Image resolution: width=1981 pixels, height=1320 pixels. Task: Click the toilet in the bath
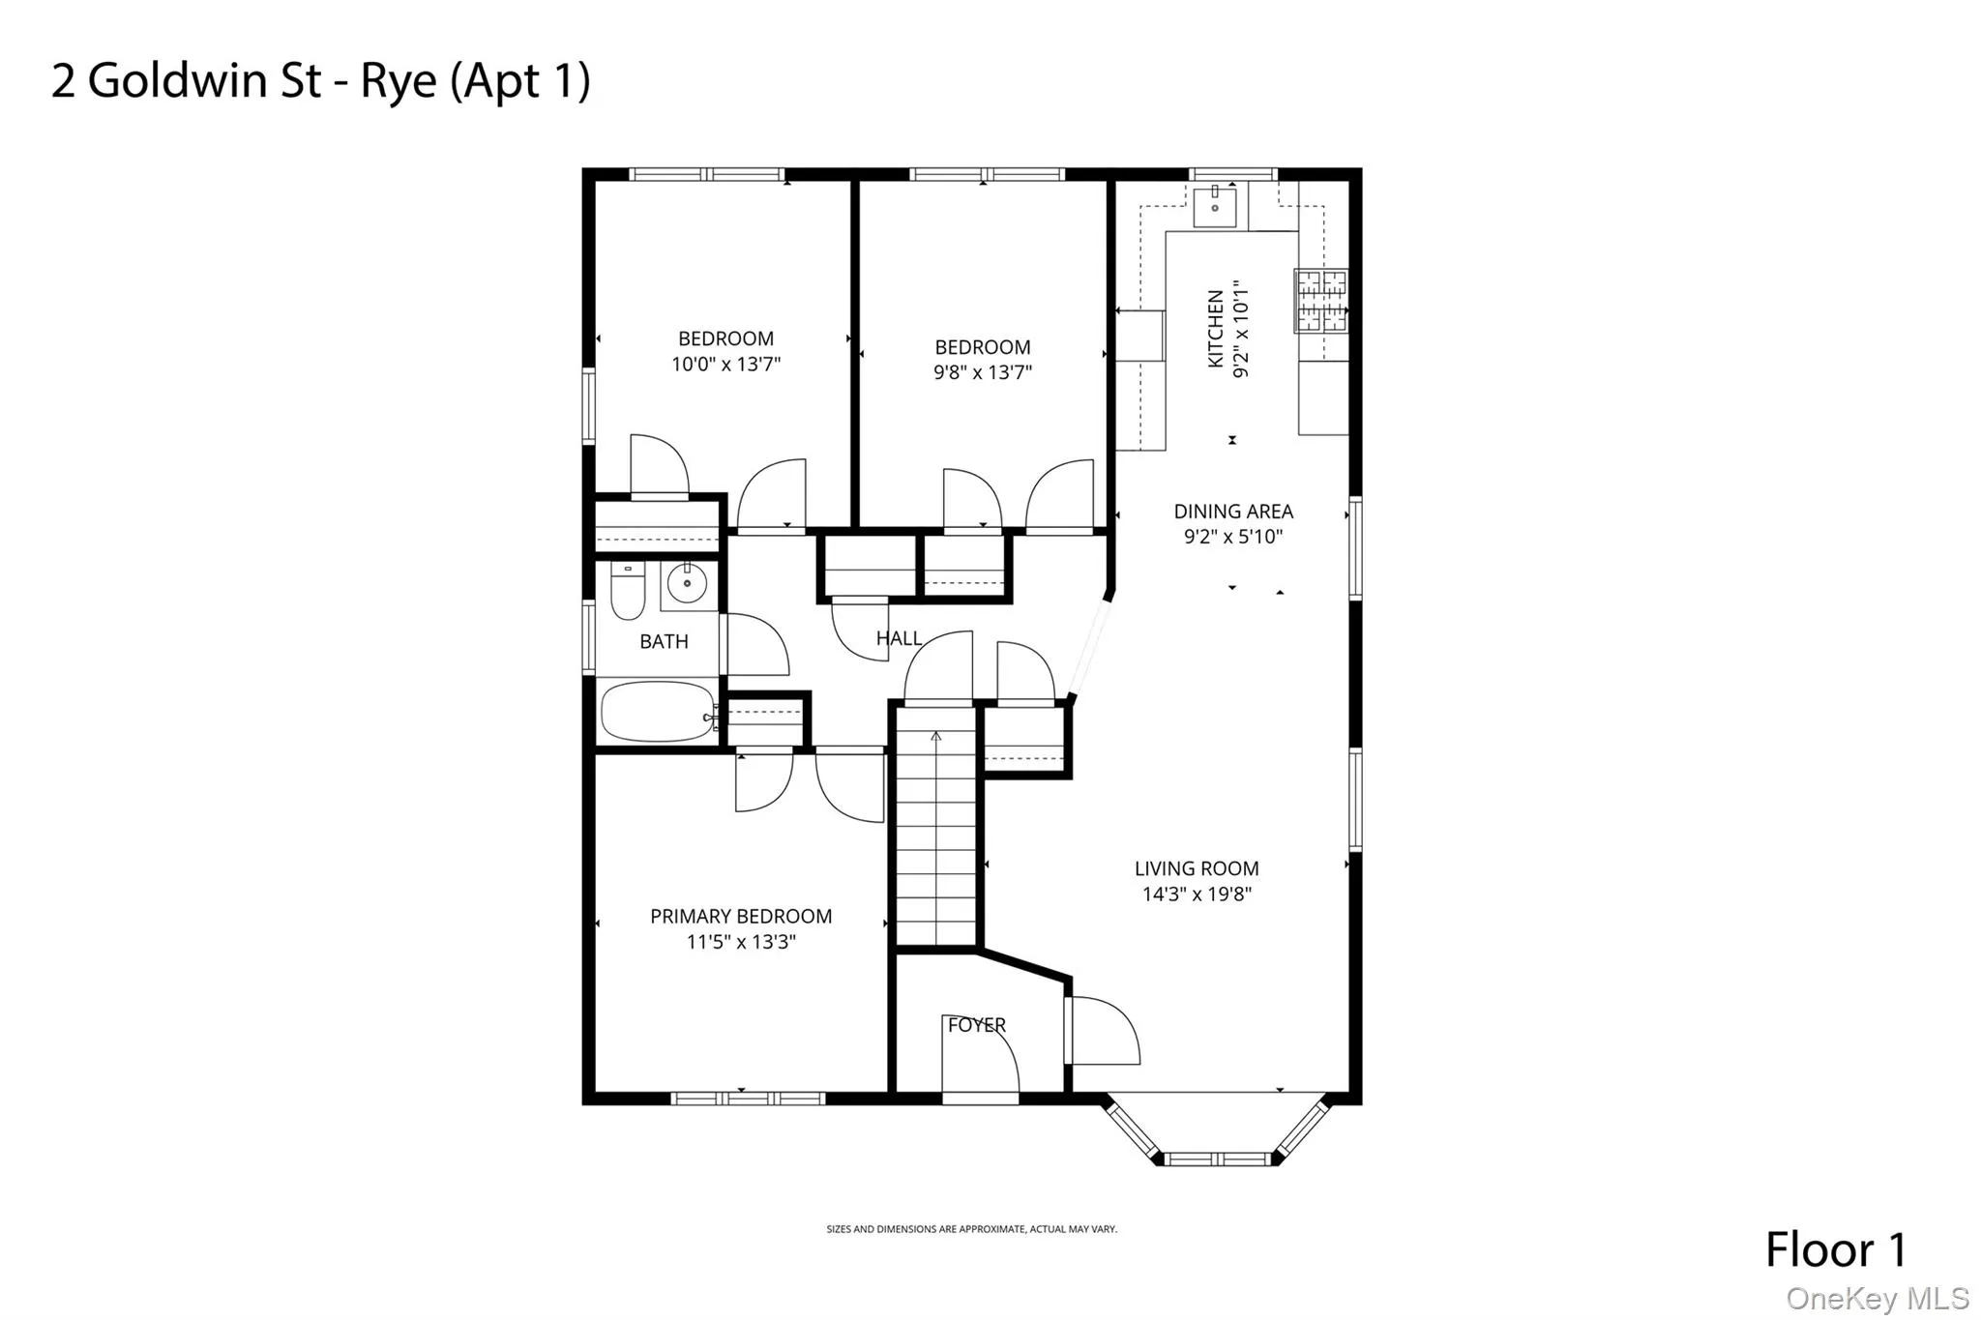click(x=628, y=590)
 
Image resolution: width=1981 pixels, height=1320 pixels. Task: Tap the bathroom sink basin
click(x=688, y=583)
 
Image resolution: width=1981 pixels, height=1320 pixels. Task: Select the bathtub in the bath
click(x=659, y=711)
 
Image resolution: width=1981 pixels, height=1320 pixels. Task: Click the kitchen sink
click(x=1214, y=206)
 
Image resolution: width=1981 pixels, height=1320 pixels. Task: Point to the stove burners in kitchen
click(x=1320, y=300)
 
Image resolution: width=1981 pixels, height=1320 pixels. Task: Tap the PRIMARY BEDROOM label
click(x=741, y=916)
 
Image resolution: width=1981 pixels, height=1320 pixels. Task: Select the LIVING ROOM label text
click(x=1197, y=868)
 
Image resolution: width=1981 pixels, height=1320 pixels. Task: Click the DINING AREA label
click(x=1233, y=512)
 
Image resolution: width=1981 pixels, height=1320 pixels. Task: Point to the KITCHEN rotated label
click(x=1216, y=329)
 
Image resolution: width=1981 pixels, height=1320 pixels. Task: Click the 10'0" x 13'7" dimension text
click(x=725, y=365)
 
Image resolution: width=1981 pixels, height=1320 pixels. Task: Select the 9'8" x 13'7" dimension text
click(x=983, y=372)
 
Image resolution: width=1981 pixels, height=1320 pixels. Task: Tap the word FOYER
click(x=977, y=1025)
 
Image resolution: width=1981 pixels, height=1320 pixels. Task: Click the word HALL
click(x=899, y=638)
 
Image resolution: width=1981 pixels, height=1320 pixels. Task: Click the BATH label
click(x=664, y=641)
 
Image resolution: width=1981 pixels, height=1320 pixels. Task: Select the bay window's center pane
click(x=1218, y=1159)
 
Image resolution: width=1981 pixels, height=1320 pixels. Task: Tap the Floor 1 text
click(x=1835, y=1249)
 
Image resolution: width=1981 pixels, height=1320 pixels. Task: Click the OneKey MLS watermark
click(x=1877, y=1298)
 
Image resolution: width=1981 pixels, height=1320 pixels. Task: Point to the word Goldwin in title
click(x=204, y=80)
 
